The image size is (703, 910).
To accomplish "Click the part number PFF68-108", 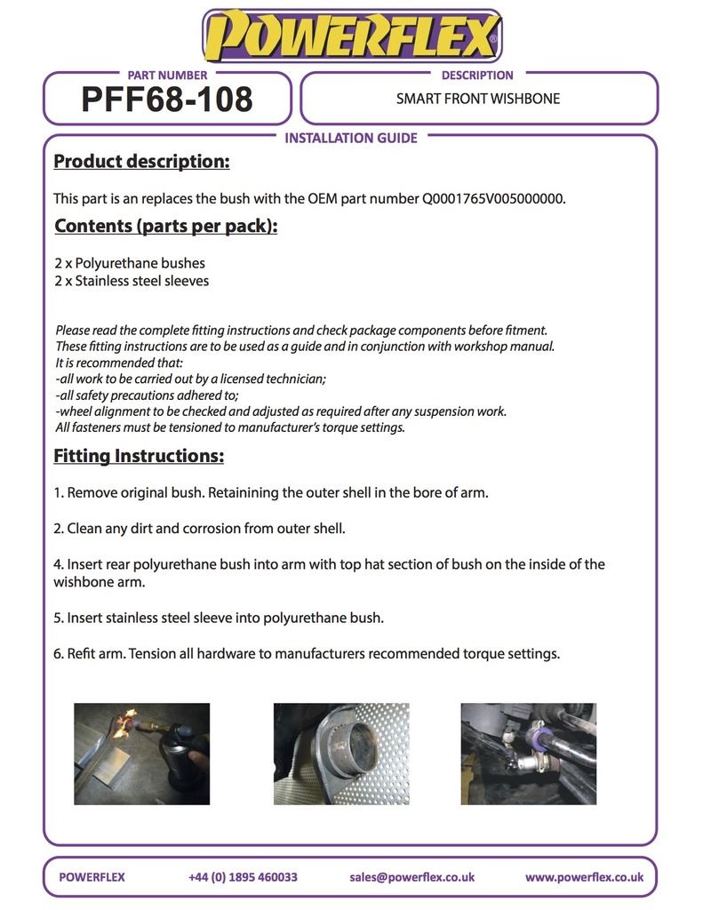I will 167,100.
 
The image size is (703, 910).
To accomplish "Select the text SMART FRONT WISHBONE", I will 478,99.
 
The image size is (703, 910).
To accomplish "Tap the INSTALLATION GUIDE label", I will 351,138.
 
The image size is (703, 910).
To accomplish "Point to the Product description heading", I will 141,162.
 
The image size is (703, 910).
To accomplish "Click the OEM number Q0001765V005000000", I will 493,198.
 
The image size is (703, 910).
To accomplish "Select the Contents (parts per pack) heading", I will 166,226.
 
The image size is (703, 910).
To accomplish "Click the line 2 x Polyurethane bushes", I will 130,263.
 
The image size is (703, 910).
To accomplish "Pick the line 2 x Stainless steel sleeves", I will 132,281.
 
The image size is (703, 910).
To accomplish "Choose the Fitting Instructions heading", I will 139,456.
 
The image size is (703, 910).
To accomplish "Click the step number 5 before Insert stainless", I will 57,618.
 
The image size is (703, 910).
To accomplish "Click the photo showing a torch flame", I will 141,754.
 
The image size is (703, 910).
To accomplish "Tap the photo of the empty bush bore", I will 341,754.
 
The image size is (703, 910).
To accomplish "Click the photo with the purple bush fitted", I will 528,754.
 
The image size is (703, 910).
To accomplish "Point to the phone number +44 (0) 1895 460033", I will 243,877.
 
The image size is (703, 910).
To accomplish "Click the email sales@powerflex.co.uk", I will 412,877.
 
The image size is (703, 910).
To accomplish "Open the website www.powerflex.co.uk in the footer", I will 584,877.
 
